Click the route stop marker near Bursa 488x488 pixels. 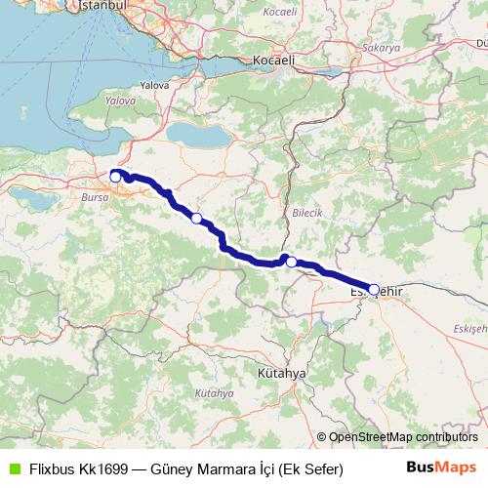[x=115, y=177]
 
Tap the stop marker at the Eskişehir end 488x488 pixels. [x=374, y=289]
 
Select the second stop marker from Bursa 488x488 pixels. [x=197, y=218]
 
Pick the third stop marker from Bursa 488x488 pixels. [x=291, y=262]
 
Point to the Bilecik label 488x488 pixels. [x=305, y=212]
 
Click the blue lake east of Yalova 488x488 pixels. [x=199, y=132]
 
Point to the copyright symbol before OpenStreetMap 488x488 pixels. [x=322, y=437]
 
